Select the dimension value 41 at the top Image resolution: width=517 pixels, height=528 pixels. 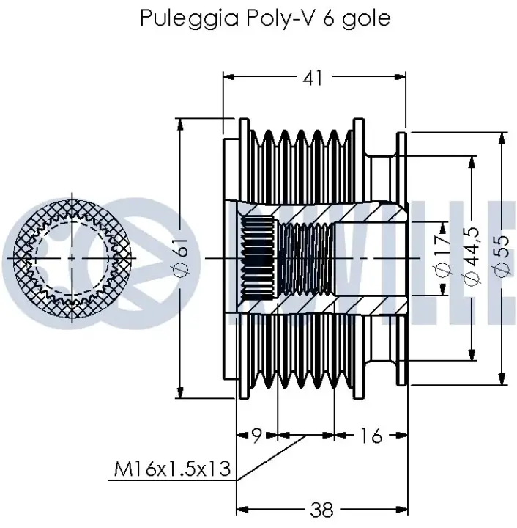point(313,78)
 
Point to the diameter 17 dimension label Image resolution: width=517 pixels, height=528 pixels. point(443,257)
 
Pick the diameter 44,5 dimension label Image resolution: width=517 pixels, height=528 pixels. point(472,257)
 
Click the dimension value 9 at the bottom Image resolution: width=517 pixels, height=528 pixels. point(256,436)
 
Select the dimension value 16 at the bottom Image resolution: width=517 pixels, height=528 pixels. point(371,436)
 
